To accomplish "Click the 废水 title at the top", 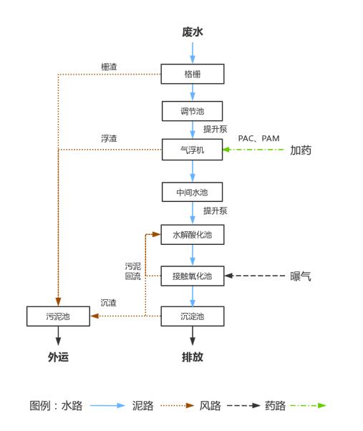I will click(x=193, y=32).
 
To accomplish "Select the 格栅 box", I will click(x=192, y=74).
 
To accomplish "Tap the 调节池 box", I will click(x=192, y=111).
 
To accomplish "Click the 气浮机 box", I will click(x=192, y=150).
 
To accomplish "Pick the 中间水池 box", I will click(x=192, y=192).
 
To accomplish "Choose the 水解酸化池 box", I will click(x=192, y=233).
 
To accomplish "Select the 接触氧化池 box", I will click(x=192, y=275).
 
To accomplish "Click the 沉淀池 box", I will click(x=192, y=316).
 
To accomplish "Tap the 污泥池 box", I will click(x=58, y=316).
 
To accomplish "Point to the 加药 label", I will click(x=301, y=150).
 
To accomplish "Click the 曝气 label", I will click(x=301, y=276).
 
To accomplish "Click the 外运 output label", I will click(x=58, y=357).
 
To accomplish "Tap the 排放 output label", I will click(x=192, y=357).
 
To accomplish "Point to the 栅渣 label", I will click(x=109, y=67).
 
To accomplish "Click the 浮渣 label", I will click(x=109, y=138).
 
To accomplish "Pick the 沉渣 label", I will click(x=109, y=303).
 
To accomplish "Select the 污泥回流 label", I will click(x=132, y=271).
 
